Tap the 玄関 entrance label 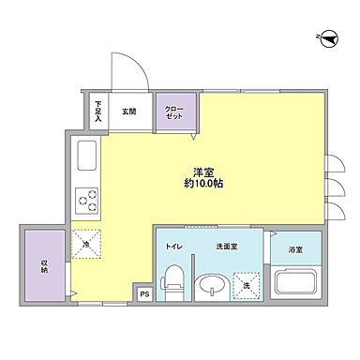click(x=127, y=111)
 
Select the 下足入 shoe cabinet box click(x=98, y=110)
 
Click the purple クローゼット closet click(x=173, y=112)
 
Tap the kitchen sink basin click(x=84, y=155)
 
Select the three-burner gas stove click(x=88, y=200)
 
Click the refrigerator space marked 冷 click(x=86, y=243)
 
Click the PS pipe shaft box click(x=144, y=292)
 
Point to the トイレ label click(x=174, y=246)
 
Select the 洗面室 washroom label click(x=226, y=246)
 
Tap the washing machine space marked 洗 click(x=246, y=284)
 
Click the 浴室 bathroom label click(x=295, y=248)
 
